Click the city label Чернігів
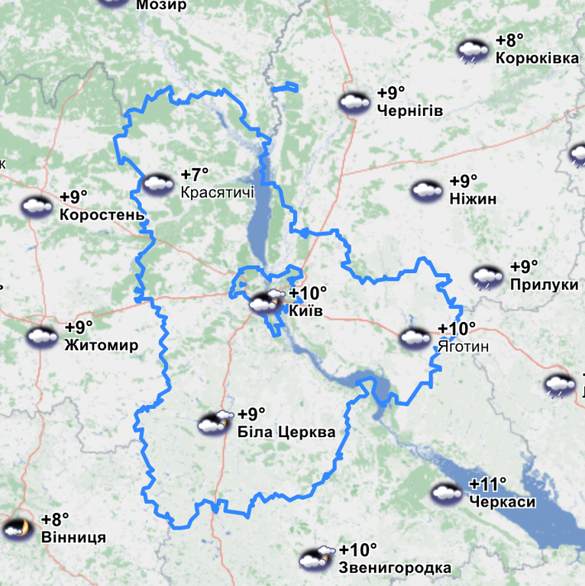[409, 111]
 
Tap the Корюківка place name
[537, 58]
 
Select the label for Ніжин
[473, 199]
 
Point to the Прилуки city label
[544, 285]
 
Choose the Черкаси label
[503, 502]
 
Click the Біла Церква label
[286, 433]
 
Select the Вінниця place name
[73, 537]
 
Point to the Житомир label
[102, 345]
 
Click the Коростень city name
[102, 214]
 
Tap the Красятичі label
[218, 192]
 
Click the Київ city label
[306, 311]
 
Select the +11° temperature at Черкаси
[488, 485]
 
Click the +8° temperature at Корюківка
[509, 40]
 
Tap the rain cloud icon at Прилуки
[487, 277]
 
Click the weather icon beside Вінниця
[17, 528]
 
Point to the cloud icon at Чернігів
[354, 102]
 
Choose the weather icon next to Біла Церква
[215, 423]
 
